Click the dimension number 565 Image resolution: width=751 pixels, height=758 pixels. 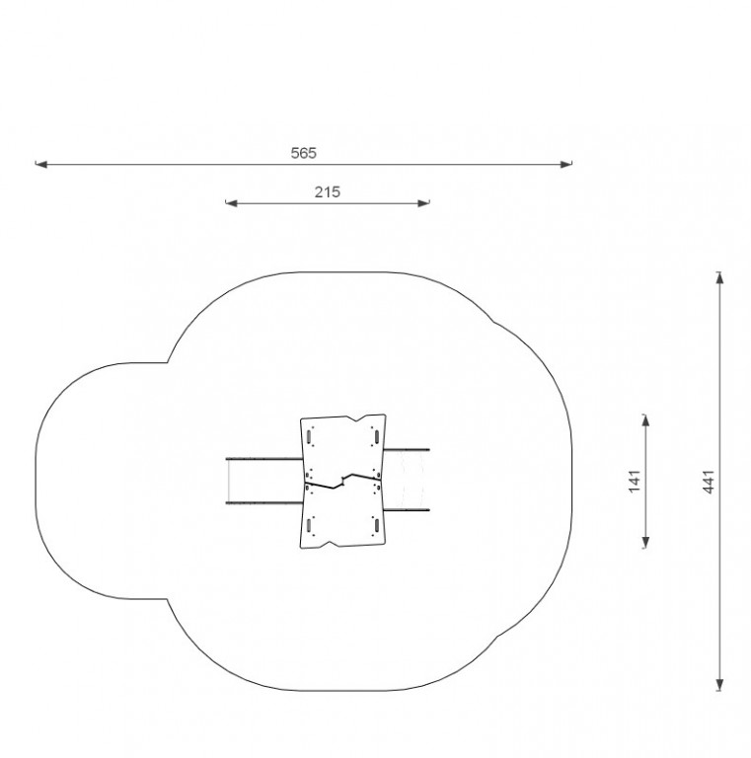[304, 153]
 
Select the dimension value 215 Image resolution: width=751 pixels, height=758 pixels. [328, 192]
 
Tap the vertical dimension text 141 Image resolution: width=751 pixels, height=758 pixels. [634, 481]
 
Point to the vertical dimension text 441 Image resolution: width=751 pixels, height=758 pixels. [708, 482]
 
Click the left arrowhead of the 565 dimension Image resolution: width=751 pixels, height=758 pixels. [41, 165]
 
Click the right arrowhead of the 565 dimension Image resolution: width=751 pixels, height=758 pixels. [566, 165]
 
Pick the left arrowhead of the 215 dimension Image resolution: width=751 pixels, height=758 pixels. [232, 203]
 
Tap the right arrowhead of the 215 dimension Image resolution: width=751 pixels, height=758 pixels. [423, 203]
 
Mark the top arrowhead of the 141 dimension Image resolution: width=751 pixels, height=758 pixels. [645, 420]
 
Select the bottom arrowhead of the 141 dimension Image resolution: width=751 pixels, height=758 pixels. [645, 543]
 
